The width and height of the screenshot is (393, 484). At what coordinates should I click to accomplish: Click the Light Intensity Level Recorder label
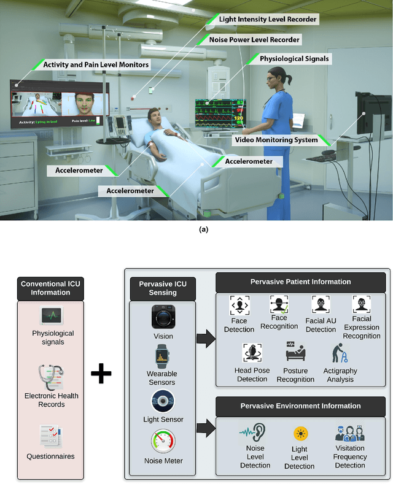268,20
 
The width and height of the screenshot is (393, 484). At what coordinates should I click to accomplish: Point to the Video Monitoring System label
276,140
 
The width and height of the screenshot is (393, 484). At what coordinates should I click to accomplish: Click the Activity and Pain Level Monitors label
96,64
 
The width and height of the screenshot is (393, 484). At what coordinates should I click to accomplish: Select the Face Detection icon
239,305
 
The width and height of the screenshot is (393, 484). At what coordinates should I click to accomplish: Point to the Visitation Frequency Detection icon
350,434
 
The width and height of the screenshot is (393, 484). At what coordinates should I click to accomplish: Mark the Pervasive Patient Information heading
301,282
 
